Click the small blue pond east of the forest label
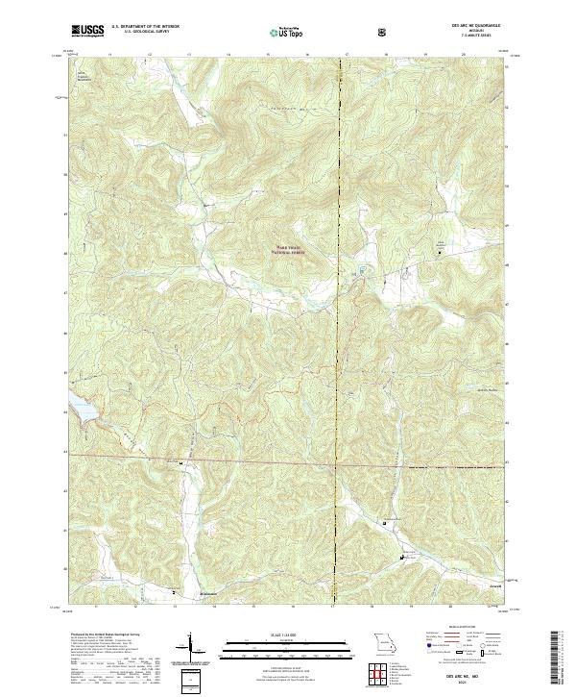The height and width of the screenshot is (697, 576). (x=363, y=268)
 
